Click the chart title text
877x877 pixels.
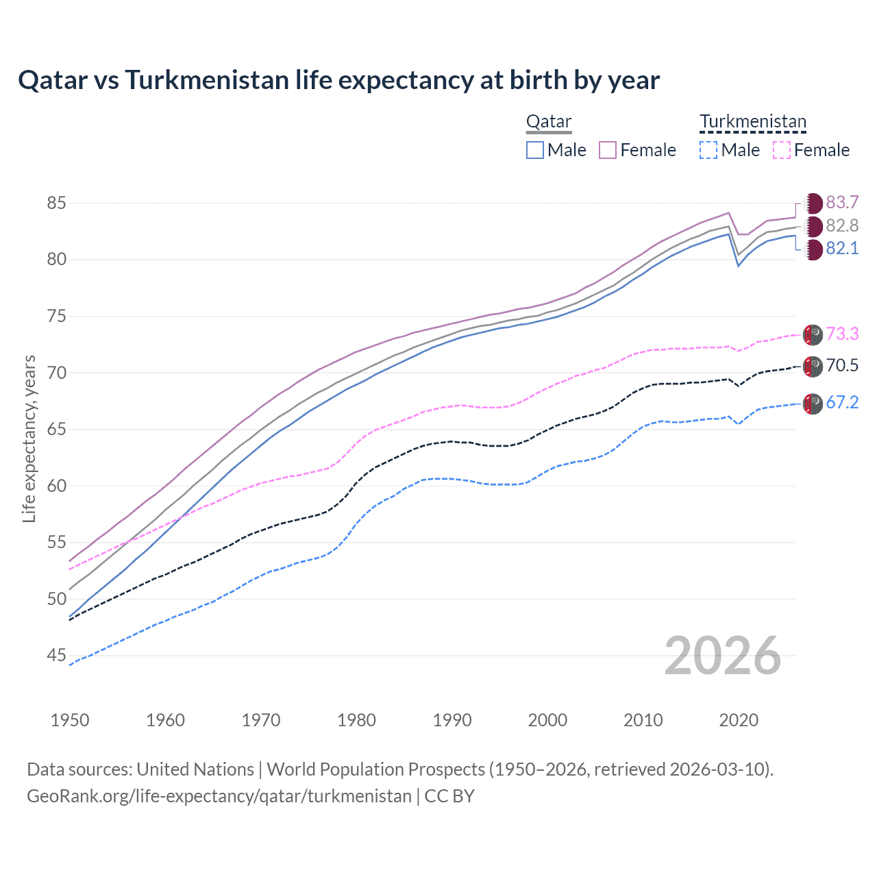(x=338, y=80)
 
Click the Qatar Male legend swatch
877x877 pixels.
(x=535, y=150)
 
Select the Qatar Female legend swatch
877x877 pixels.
(x=608, y=150)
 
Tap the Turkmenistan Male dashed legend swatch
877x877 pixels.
(x=708, y=150)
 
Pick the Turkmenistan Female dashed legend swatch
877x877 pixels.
(x=781, y=150)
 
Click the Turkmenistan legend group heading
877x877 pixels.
(x=753, y=122)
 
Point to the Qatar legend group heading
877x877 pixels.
(x=548, y=122)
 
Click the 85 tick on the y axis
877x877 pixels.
(x=56, y=203)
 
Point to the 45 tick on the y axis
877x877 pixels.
(x=56, y=656)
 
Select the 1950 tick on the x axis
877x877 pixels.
(x=70, y=720)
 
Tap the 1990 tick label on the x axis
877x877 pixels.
(x=452, y=720)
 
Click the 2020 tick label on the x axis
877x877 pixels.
(x=739, y=720)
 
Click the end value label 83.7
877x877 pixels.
(x=842, y=203)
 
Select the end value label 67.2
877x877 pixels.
(x=842, y=403)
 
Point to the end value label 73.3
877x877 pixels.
(x=842, y=334)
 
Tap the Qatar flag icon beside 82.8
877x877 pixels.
(x=813, y=226)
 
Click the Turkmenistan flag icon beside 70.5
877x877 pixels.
(x=813, y=367)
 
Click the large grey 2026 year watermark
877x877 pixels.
(x=723, y=656)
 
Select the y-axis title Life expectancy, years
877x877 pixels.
(x=29, y=438)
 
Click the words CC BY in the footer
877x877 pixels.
(x=449, y=796)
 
